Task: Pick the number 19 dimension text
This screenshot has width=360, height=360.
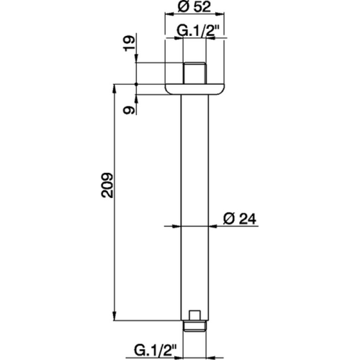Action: pyautogui.click(x=128, y=51)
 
